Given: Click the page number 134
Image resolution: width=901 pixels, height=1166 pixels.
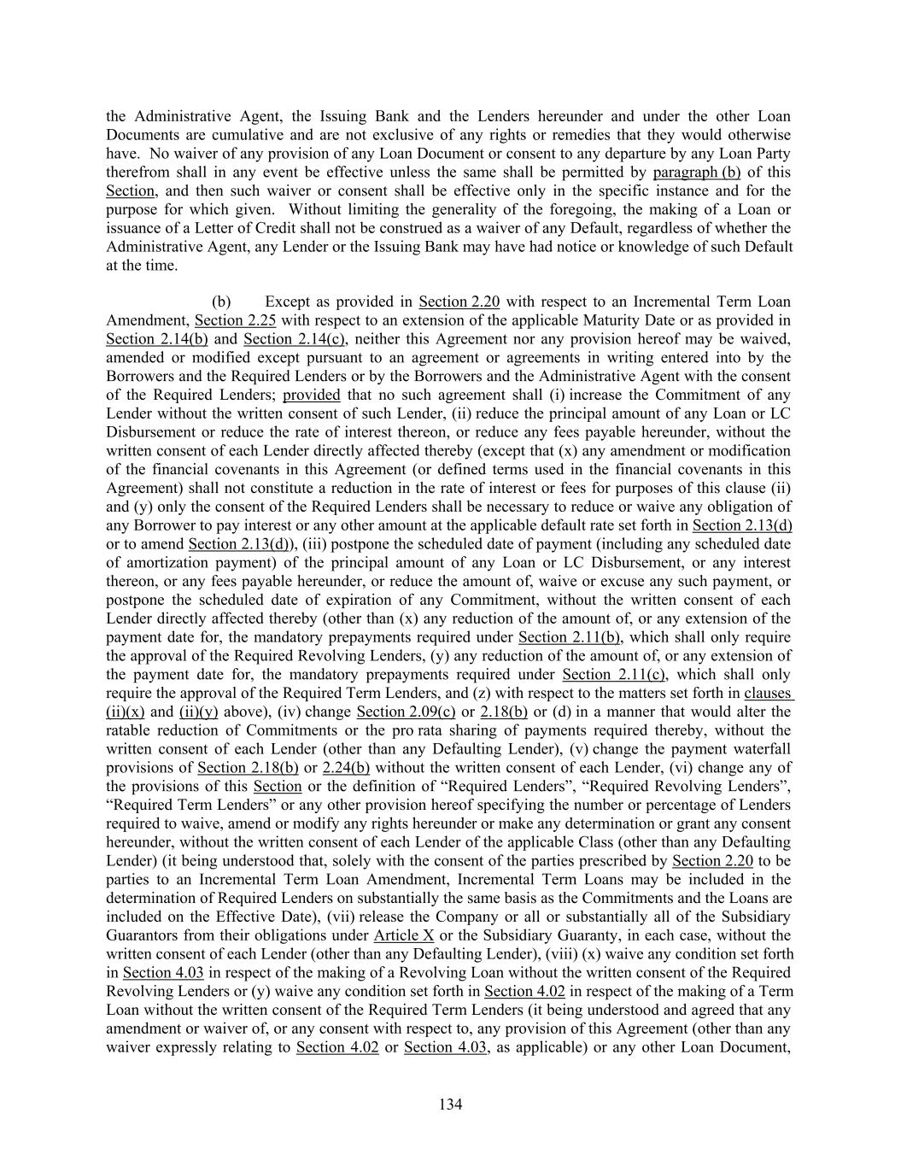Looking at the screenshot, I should pyautogui.click(x=450, y=1104).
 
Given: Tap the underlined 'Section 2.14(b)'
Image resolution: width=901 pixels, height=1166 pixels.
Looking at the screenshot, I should pyautogui.click(x=156, y=339).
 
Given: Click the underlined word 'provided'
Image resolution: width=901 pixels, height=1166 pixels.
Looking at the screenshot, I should pyautogui.click(x=311, y=395).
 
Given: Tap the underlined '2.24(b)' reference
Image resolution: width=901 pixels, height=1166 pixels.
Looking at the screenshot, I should pyautogui.click(x=346, y=768).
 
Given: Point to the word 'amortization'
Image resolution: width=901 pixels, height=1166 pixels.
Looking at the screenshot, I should pyautogui.click(x=165, y=563).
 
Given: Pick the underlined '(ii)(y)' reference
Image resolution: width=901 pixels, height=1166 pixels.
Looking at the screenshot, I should pyautogui.click(x=198, y=712).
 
